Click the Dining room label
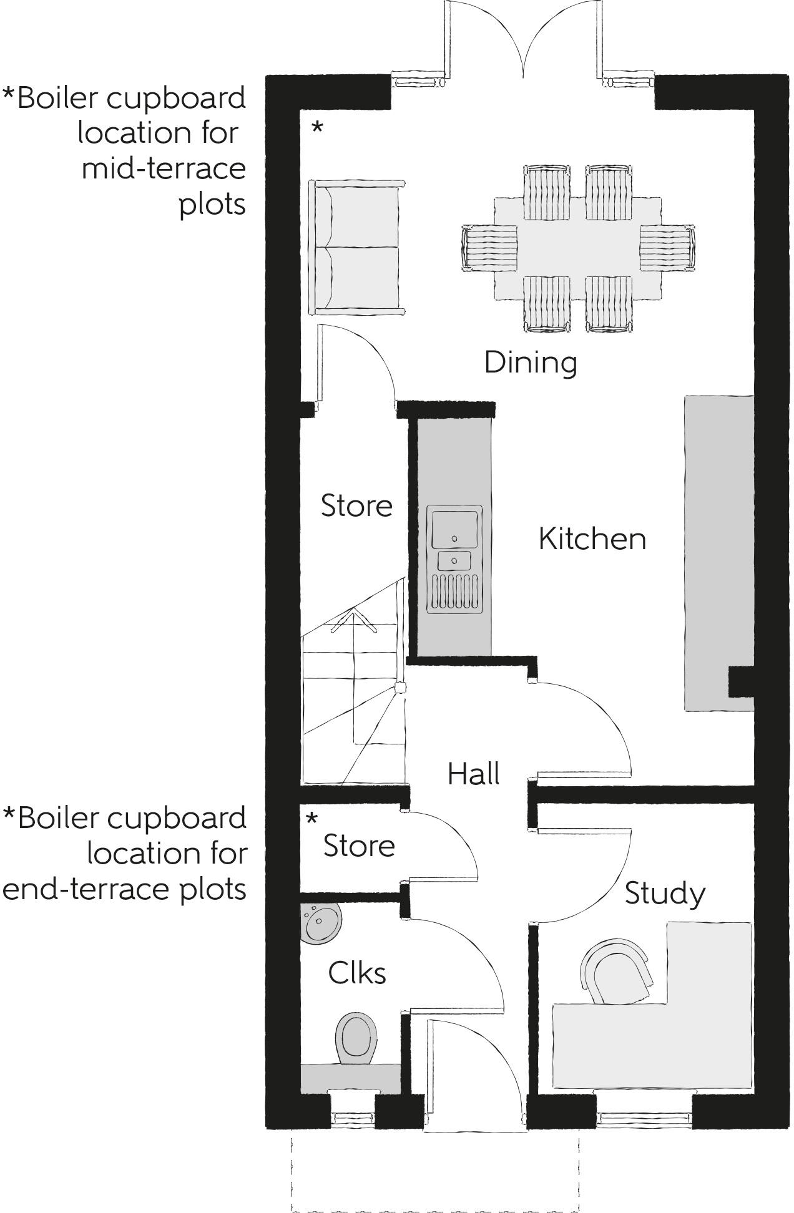pyautogui.click(x=531, y=363)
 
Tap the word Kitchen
pyautogui.click(x=592, y=539)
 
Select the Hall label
pyautogui.click(x=473, y=774)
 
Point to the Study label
pyautogui.click(x=665, y=894)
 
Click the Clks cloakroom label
pyautogui.click(x=357, y=973)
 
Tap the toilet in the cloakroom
pyautogui.click(x=356, y=1038)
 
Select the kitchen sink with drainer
pyautogui.click(x=454, y=558)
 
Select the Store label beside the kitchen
pyautogui.click(x=356, y=505)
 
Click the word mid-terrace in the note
pyautogui.click(x=164, y=168)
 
